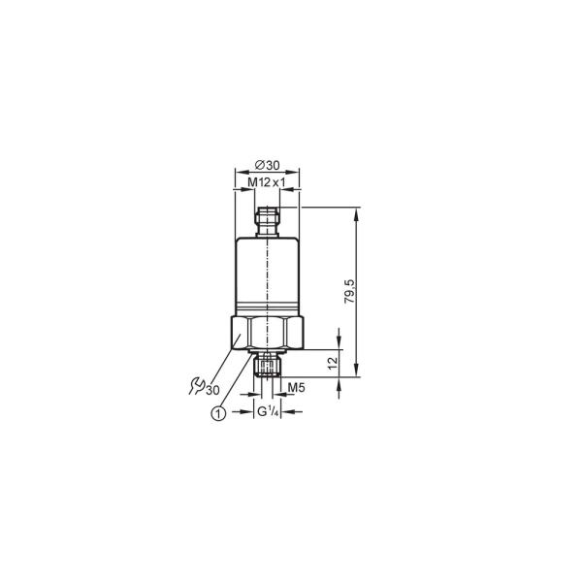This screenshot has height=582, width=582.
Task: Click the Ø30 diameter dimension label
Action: tap(267, 165)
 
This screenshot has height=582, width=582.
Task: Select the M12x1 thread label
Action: tap(267, 182)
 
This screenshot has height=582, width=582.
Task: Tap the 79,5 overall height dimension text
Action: tap(349, 292)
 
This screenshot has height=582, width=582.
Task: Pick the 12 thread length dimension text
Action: tap(334, 363)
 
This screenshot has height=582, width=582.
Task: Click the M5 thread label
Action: tap(296, 387)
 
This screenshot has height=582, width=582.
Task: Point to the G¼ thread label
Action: tap(268, 411)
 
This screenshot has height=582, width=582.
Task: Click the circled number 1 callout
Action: tap(218, 413)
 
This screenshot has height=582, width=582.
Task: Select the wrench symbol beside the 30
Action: tap(196, 386)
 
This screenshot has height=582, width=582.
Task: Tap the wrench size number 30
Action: tap(212, 391)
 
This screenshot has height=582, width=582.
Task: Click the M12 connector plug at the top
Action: tap(268, 222)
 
